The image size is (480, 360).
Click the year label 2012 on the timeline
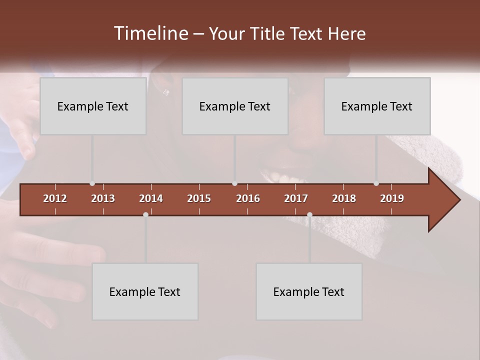(55, 198)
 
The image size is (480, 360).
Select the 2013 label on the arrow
(103, 198)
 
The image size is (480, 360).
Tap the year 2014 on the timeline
(151, 198)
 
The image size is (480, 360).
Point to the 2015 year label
(199, 198)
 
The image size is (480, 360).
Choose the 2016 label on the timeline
(248, 198)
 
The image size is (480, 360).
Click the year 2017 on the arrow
(296, 198)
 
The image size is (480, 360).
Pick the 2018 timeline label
(344, 198)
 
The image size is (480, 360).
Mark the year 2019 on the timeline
(392, 198)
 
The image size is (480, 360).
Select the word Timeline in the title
(151, 33)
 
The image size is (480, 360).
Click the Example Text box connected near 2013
(93, 106)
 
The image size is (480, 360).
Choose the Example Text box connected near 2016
(235, 106)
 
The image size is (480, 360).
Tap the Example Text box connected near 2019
(377, 106)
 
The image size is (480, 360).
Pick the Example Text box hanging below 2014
(145, 291)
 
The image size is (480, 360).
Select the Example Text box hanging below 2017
(309, 291)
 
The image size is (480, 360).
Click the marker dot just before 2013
(92, 183)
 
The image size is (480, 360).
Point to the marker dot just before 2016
(235, 183)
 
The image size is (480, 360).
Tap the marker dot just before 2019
(376, 183)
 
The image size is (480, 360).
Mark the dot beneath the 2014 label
(145, 214)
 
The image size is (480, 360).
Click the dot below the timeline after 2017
(309, 214)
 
